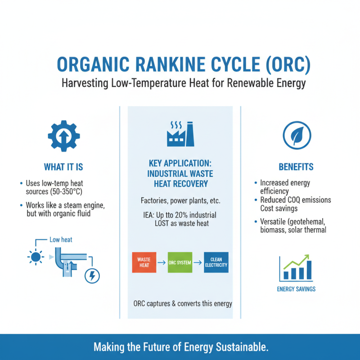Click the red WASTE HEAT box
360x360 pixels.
click(144, 262)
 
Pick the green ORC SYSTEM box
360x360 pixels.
click(180, 262)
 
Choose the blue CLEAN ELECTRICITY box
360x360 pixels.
click(216, 262)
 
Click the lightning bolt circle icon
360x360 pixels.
click(92, 275)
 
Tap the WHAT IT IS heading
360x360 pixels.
click(63, 167)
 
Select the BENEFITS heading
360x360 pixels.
click(297, 167)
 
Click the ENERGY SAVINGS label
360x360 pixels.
click(296, 289)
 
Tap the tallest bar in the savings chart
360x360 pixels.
click(309, 269)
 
